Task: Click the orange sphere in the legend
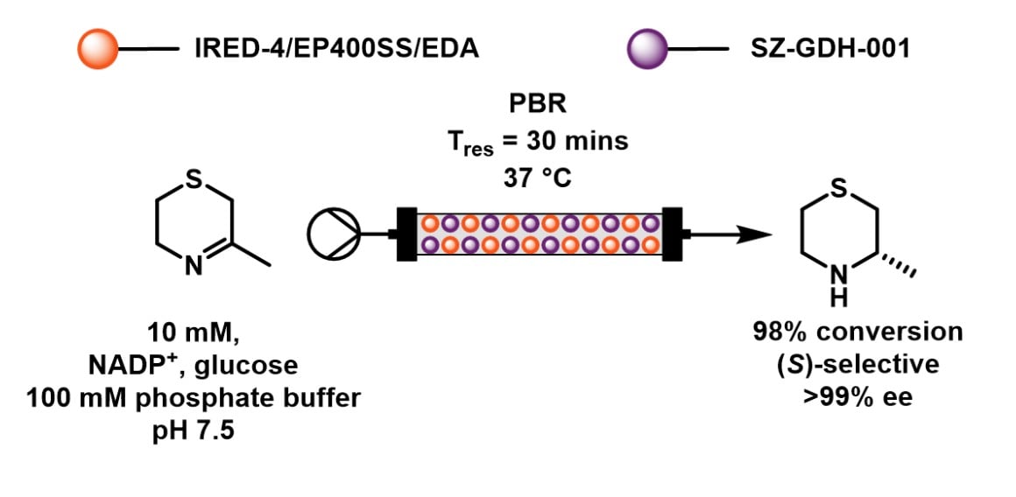(x=97, y=49)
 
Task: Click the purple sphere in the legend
(x=647, y=49)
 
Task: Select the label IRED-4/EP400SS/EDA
(x=337, y=50)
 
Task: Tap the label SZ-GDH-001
(x=830, y=50)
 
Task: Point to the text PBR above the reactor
(x=538, y=104)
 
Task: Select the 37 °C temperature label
(x=538, y=178)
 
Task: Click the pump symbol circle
(x=333, y=234)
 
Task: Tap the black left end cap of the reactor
(x=406, y=234)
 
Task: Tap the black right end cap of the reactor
(x=674, y=234)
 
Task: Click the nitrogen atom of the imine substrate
(x=194, y=266)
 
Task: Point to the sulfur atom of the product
(x=838, y=189)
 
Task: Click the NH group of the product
(x=838, y=286)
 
